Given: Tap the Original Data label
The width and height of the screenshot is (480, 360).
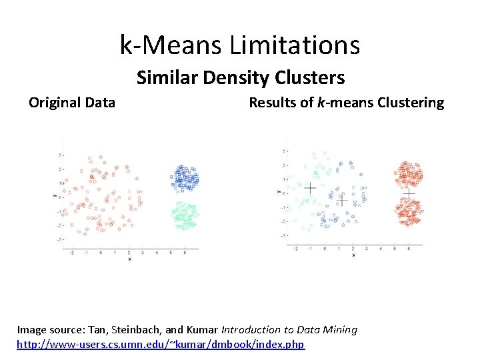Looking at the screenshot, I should pyautogui.click(x=72, y=103).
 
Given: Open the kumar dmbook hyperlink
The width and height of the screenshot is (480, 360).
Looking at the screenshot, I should pyautogui.click(x=160, y=344).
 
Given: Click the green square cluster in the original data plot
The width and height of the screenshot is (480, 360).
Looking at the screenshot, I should pyautogui.click(x=186, y=214).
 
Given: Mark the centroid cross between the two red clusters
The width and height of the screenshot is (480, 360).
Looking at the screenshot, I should pyautogui.click(x=409, y=194).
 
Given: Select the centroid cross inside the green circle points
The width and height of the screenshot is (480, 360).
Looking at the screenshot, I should pyautogui.click(x=310, y=189).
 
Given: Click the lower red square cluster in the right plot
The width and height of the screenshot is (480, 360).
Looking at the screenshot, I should pyautogui.click(x=409, y=212).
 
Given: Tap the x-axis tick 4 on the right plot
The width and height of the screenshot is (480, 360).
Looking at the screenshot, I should pyautogui.click(x=380, y=248).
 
